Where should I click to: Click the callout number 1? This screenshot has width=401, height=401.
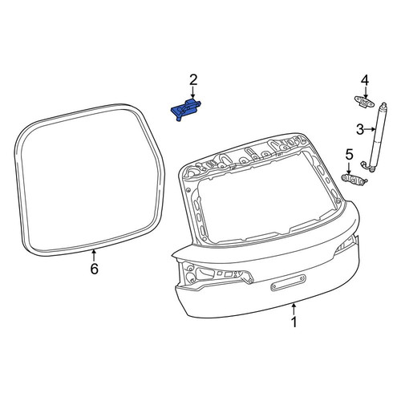click(x=294, y=322)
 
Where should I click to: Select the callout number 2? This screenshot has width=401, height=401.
click(x=193, y=80)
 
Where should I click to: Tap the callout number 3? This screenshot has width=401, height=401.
click(x=360, y=130)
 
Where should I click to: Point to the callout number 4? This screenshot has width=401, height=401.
click(x=365, y=80)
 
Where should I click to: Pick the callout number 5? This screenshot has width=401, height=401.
click(x=349, y=155)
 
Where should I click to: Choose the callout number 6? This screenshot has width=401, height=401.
click(x=95, y=269)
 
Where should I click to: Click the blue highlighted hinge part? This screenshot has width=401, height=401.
click(x=186, y=110)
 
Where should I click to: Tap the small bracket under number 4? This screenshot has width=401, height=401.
click(x=364, y=101)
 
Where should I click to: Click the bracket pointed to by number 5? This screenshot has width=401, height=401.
click(x=354, y=180)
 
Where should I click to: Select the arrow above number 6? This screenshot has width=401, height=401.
click(x=94, y=255)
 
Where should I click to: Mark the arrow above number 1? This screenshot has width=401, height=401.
click(x=294, y=309)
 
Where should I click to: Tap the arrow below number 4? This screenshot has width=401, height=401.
click(x=366, y=94)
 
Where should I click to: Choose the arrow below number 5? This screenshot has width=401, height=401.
click(x=349, y=168)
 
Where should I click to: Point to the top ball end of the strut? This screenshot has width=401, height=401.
click(x=384, y=105)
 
